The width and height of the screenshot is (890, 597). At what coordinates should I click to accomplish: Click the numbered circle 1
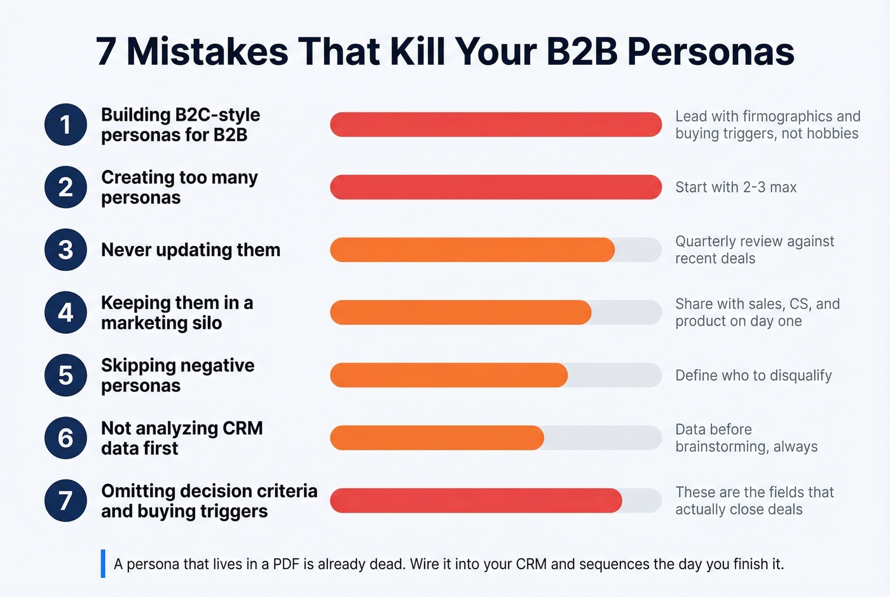pos(65,125)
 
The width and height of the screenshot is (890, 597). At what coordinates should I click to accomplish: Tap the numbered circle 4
pos(65,313)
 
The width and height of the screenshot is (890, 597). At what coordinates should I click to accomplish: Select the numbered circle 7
pos(65,501)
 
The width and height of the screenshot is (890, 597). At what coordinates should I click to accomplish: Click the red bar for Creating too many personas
pos(496,187)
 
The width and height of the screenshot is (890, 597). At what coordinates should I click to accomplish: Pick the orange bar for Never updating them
pos(472,250)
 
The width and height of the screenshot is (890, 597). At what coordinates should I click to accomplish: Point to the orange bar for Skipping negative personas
pos(448,375)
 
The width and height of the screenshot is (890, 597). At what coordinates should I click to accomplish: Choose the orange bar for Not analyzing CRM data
pos(437,438)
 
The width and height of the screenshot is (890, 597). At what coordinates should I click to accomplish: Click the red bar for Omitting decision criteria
pos(476,501)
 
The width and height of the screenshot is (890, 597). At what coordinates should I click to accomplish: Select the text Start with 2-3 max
pos(736,187)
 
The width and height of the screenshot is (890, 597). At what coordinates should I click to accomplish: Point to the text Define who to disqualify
pos(753,375)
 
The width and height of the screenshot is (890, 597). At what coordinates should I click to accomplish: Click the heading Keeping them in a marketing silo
pos(177,313)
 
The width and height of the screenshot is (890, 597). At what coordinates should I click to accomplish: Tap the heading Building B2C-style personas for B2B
pos(181,125)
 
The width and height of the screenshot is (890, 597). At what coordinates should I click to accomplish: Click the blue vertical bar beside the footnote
pos(103,563)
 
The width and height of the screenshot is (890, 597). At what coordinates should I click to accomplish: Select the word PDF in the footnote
pos(286,564)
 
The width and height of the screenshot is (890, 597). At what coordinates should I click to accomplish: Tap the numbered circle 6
pos(65,438)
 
